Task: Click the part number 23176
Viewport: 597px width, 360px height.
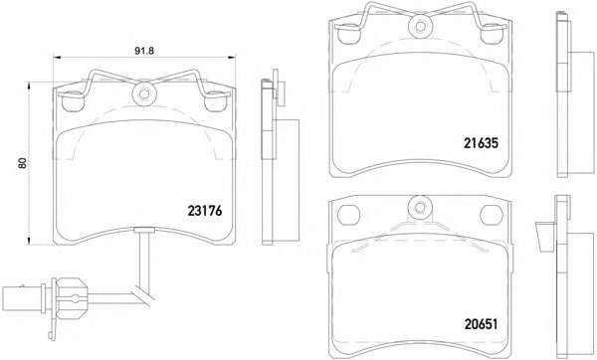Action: [x=204, y=211]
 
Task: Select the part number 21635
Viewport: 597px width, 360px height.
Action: [x=481, y=143]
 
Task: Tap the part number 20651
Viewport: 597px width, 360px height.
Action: [x=481, y=324]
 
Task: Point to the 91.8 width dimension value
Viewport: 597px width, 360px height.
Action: [x=144, y=51]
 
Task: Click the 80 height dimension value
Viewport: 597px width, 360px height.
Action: [x=23, y=163]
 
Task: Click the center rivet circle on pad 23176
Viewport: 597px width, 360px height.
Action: [x=144, y=94]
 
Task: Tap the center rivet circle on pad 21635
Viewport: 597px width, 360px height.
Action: [x=421, y=26]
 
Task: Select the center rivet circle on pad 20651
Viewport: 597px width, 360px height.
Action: [x=420, y=208]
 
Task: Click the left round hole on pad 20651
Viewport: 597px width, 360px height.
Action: [x=349, y=216]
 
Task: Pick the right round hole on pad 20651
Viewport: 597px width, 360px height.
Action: [x=492, y=216]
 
